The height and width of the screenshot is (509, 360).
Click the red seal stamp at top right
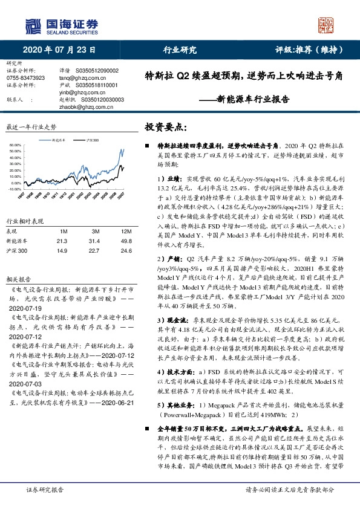(326, 24)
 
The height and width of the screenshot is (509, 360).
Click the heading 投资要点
(166, 127)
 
